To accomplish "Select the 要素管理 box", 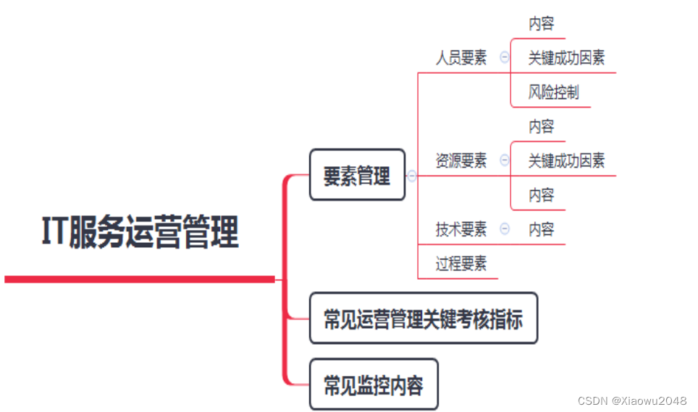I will click(357, 175).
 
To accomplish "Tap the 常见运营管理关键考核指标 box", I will click(423, 319).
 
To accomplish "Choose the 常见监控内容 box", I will click(373, 385).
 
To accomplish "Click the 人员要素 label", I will click(461, 59).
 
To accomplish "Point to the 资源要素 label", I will click(461, 160).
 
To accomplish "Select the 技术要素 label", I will click(461, 230).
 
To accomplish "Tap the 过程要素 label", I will click(461, 264).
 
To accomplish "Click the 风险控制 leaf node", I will click(553, 93).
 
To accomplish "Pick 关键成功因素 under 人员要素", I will click(566, 59).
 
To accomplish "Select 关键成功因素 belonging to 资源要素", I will click(566, 160).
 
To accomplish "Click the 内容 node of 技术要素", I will click(541, 230).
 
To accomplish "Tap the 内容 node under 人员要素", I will click(541, 24).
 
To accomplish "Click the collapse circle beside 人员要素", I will click(505, 59).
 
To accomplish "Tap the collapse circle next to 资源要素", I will click(505, 160).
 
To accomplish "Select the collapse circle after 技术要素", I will click(505, 229).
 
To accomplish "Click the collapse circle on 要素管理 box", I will click(412, 176).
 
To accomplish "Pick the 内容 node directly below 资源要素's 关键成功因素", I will click(541, 195).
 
